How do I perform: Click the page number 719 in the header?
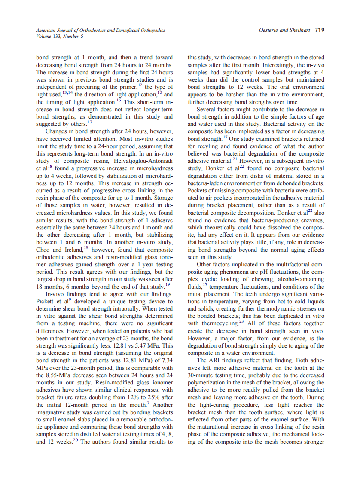[319, 30]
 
